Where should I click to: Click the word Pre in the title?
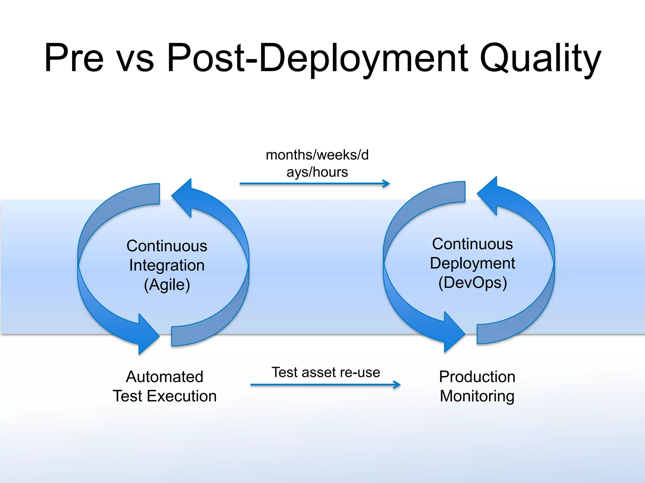coord(74,58)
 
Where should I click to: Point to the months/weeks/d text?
coord(317,155)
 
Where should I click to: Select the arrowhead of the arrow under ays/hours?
coord(386,184)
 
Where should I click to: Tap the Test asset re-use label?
coord(326,372)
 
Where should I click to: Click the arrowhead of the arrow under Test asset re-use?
coord(397,385)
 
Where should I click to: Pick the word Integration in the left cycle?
coord(167,265)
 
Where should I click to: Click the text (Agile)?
coord(167,285)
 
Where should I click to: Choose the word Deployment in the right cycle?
coord(472,263)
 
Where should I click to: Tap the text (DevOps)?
coord(472,283)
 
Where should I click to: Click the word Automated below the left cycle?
coord(165,377)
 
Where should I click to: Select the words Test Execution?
coord(165,396)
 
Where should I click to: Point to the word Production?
coord(477,377)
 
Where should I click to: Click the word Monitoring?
coord(477,396)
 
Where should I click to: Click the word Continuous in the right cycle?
coord(472,244)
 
